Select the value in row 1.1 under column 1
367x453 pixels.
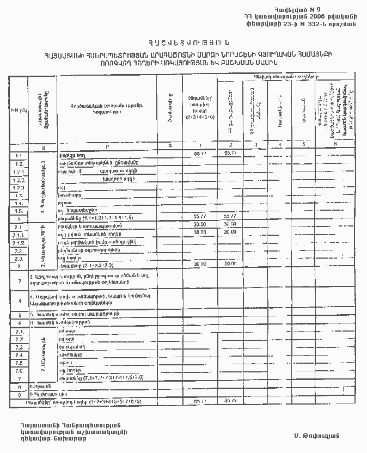[x=199, y=155]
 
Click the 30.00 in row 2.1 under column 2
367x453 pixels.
[x=230, y=224]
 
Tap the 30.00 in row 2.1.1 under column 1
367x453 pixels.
[x=199, y=232]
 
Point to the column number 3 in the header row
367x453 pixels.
[x=255, y=145]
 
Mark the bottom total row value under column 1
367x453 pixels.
[x=199, y=401]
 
